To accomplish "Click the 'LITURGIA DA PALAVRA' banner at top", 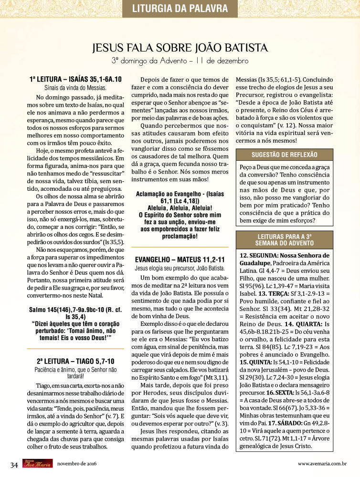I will point(180,8).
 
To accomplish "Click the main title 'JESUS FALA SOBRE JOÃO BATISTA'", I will point(180,48).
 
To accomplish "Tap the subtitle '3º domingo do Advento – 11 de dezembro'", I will point(180,61).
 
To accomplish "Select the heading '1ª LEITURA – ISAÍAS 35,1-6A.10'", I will point(75,79).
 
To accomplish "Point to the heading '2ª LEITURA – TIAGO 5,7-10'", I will point(75,361).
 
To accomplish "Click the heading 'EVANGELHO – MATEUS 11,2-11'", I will point(180,260).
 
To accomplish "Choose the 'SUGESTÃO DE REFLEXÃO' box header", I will point(284,155).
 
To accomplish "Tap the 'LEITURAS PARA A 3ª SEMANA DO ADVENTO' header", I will point(284,240).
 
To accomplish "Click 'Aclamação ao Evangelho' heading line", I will point(180,195).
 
